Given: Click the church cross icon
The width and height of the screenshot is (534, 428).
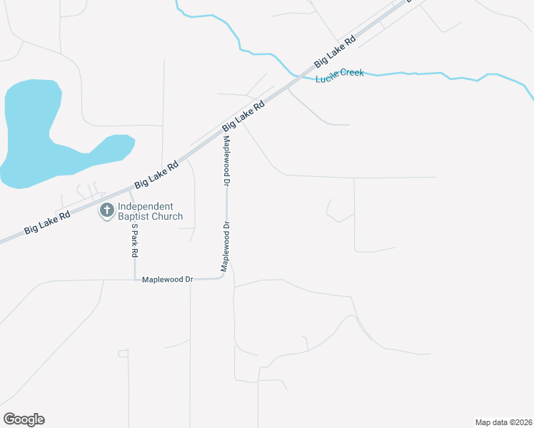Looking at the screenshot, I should click(x=107, y=210).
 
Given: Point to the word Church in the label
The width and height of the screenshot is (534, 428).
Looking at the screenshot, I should click(x=168, y=216).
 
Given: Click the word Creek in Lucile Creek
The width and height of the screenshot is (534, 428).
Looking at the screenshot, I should click(x=352, y=72).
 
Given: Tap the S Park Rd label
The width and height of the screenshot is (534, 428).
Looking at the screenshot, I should click(x=134, y=240).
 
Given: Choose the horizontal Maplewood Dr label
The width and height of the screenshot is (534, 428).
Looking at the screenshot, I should click(x=168, y=280).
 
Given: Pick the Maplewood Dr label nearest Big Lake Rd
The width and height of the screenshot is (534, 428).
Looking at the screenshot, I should click(x=227, y=160).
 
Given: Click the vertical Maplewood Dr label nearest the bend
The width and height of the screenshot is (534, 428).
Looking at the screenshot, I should click(x=226, y=247).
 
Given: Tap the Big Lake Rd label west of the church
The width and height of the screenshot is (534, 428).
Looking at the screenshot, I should click(x=47, y=221).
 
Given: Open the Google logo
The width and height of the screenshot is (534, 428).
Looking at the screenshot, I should click(x=24, y=419).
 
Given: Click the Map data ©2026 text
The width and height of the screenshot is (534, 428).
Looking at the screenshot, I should click(x=503, y=422).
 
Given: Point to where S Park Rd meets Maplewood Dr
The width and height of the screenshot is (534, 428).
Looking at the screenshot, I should click(x=135, y=280).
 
